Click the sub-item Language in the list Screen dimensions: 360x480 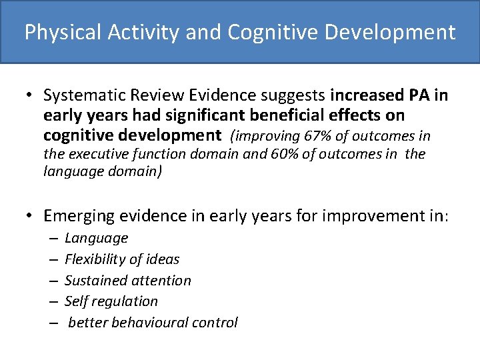click(96, 238)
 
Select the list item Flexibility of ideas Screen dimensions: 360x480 click(122, 259)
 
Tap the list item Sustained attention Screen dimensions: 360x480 click(127, 281)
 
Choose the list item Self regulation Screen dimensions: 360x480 click(111, 301)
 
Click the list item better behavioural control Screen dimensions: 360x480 click(153, 323)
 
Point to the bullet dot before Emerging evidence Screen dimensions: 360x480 click(30, 216)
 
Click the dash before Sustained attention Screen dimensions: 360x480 click(52, 281)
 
